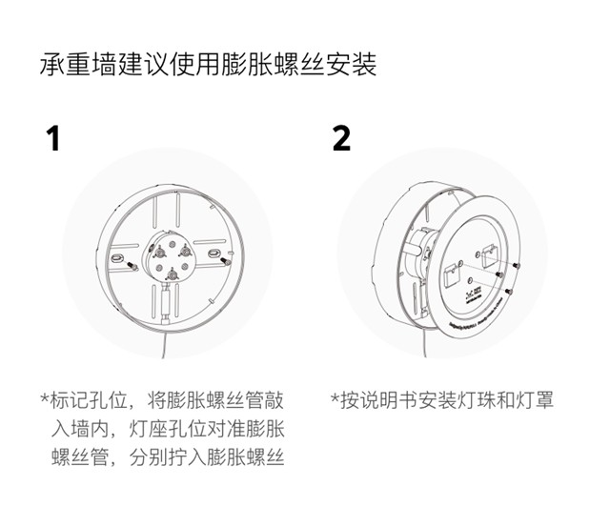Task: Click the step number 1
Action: (x=53, y=138)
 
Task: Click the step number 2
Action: (x=341, y=138)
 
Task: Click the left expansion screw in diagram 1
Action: (x=132, y=267)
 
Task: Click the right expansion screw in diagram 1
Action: (x=226, y=261)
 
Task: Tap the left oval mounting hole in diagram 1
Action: (x=117, y=256)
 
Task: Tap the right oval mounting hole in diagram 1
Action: (x=213, y=253)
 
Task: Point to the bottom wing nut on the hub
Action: (x=173, y=274)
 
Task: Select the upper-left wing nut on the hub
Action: (x=158, y=253)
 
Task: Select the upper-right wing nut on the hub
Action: (x=185, y=253)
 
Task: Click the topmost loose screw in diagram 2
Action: (x=517, y=265)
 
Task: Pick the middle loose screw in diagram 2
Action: (x=499, y=274)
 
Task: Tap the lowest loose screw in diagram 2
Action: (x=508, y=291)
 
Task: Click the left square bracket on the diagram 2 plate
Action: (x=452, y=275)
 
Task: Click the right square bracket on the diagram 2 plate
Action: (x=490, y=255)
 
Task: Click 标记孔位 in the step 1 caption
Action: (x=89, y=400)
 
